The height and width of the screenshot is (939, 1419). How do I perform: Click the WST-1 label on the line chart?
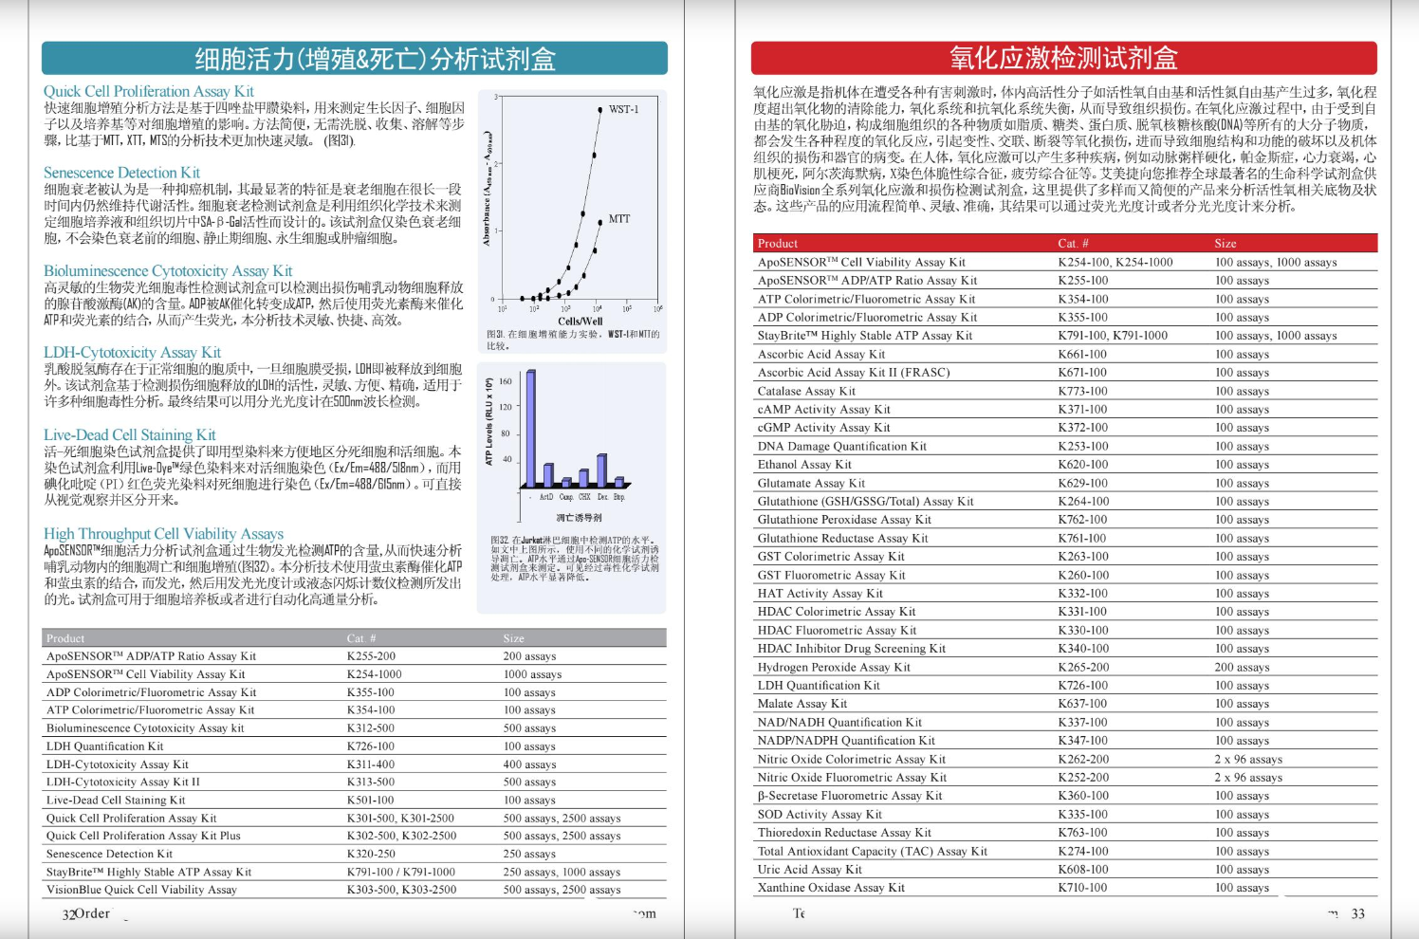tap(623, 109)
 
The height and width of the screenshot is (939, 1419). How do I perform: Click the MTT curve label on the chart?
tap(619, 219)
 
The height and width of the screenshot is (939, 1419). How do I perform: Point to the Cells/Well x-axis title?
tap(580, 322)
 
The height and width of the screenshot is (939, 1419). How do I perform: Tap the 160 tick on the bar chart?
tap(506, 381)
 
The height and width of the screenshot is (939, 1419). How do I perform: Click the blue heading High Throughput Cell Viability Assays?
tap(163, 534)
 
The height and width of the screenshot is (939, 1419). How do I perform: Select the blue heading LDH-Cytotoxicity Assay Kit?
tap(132, 353)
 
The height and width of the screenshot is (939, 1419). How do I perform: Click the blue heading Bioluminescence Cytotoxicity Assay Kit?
tap(168, 271)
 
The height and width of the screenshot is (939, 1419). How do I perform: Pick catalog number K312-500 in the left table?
tap(371, 728)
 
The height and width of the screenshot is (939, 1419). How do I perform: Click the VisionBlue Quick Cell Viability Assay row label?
tap(141, 890)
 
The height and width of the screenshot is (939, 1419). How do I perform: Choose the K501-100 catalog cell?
tap(371, 801)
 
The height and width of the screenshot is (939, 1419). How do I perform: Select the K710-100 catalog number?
tap(1082, 888)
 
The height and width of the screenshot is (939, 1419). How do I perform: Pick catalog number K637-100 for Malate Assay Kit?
tap(1082, 704)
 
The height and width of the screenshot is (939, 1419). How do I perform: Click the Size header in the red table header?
tap(1225, 244)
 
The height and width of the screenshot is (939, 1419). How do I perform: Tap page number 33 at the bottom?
tap(1358, 913)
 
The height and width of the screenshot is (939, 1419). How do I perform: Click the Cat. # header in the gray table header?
tap(361, 638)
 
